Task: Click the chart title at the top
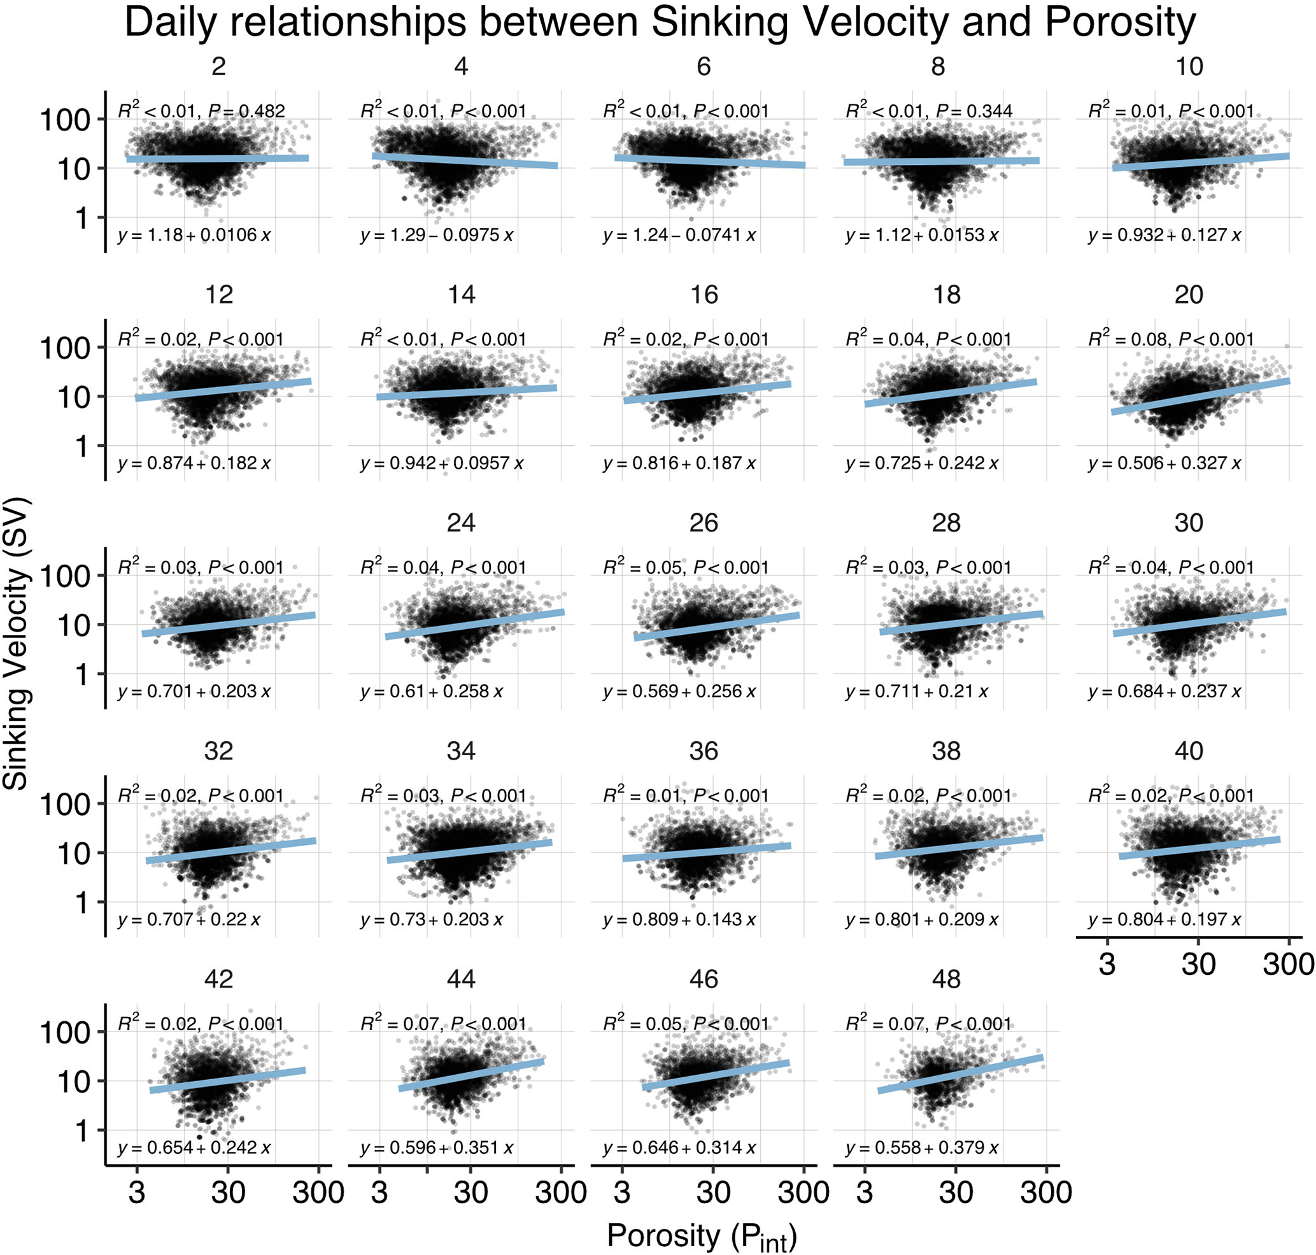(x=659, y=23)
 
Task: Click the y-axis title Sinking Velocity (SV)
(x=17, y=643)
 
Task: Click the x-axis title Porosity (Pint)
(x=701, y=1236)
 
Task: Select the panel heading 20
(x=1188, y=295)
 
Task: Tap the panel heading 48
(x=946, y=979)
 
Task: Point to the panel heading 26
(x=703, y=523)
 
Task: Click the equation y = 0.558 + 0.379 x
(x=921, y=1148)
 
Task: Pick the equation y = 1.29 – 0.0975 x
(x=436, y=236)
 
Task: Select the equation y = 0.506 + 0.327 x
(x=1164, y=464)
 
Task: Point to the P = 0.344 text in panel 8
(x=974, y=111)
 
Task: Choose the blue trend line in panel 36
(x=706, y=853)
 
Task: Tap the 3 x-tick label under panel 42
(x=137, y=1193)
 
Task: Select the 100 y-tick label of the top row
(x=64, y=120)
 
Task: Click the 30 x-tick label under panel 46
(x=713, y=1193)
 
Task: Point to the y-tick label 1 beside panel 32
(x=81, y=903)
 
